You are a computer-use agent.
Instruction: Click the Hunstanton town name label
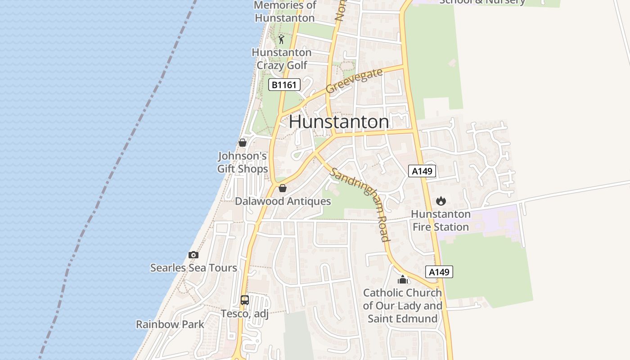coord(339,122)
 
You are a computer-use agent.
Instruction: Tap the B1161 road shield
coord(284,85)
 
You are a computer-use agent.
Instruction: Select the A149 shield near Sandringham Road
coord(422,171)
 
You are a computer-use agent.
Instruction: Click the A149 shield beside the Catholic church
coord(439,272)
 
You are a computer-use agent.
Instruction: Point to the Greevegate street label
coord(354,81)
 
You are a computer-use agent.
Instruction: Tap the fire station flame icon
coord(441,201)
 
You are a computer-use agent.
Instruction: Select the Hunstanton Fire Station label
coord(441,220)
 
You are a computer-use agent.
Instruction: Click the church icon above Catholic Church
coord(403,279)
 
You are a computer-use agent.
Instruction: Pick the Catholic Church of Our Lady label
coord(403,306)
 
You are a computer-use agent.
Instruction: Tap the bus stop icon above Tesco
coord(245,300)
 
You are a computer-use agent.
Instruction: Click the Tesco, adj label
coord(244,314)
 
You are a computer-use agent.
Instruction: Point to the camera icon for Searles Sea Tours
coord(193,255)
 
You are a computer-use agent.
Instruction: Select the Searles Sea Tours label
coord(193,268)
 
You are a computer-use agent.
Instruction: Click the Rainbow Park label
coord(170,324)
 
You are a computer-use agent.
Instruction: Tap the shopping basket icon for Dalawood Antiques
coord(283,188)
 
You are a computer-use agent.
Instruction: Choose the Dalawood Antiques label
coord(283,201)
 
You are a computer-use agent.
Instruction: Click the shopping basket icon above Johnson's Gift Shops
coord(243,143)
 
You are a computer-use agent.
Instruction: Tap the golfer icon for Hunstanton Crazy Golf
coord(282,39)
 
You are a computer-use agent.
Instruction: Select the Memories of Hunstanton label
coord(285,12)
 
